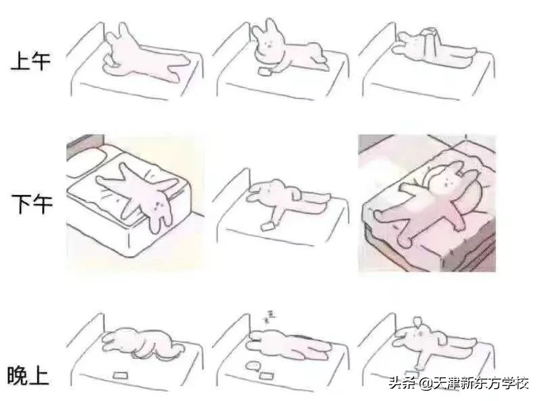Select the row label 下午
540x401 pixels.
[x=30, y=203]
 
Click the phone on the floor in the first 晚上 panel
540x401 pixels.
[x=121, y=373]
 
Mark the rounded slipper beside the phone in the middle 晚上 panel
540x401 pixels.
[x=251, y=366]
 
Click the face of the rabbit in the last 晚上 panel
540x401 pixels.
[x=420, y=331]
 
